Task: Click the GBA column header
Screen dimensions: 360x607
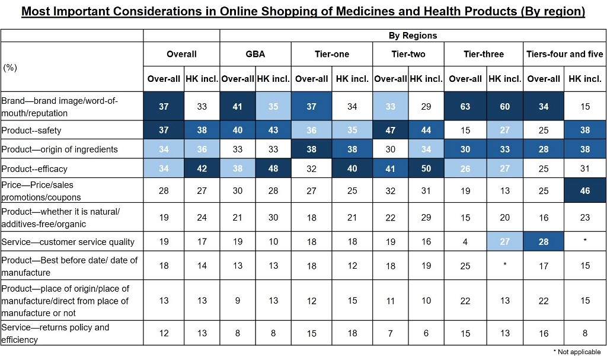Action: tap(255, 54)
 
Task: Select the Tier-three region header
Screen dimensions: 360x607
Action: tap(483, 54)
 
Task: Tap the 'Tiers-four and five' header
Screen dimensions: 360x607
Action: tap(564, 54)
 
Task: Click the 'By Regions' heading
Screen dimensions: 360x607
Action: tap(413, 36)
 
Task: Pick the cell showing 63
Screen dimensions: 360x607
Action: tap(465, 107)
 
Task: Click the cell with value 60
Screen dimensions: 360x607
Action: tap(504, 107)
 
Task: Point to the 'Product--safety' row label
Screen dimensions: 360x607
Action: tap(31, 130)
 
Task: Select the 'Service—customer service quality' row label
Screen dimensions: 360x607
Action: tap(68, 241)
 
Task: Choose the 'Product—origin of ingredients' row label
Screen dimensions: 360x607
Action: tap(60, 149)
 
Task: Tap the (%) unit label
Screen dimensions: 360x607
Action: tap(10, 68)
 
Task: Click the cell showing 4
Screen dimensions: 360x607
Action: tap(465, 241)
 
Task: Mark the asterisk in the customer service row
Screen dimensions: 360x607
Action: tap(585, 241)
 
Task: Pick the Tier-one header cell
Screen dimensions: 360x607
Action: tap(331, 54)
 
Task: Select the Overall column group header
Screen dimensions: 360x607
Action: tap(181, 54)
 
